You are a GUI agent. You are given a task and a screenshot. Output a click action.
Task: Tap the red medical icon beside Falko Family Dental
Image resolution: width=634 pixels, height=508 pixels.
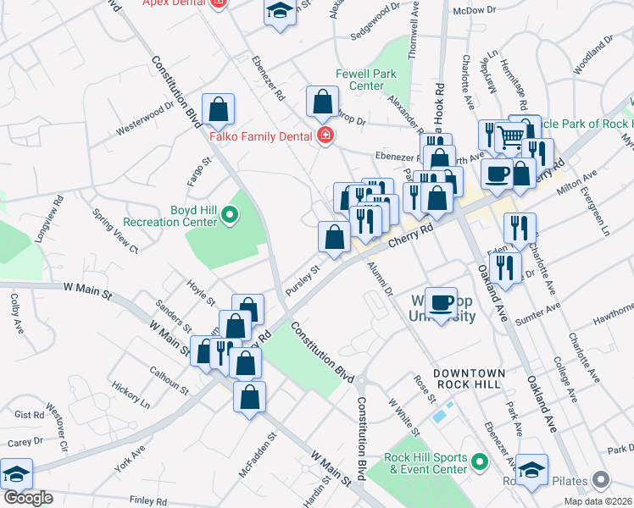[324, 135]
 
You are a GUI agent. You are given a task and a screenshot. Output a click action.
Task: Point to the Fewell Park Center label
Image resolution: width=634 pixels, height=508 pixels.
[365, 80]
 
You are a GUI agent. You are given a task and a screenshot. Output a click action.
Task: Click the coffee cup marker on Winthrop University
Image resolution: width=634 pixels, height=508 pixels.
[441, 304]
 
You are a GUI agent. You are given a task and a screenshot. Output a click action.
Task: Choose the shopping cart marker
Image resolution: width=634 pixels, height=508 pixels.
[510, 137]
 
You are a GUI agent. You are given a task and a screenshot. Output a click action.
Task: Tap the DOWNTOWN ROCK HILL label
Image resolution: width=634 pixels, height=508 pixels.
[481, 373]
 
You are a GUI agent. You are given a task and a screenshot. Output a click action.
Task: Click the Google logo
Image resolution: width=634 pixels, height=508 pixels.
[28, 498]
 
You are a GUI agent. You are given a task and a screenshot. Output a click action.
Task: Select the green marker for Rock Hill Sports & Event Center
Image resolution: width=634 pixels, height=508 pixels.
[480, 462]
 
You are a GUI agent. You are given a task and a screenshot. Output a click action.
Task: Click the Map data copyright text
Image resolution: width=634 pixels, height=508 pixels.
[598, 501]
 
